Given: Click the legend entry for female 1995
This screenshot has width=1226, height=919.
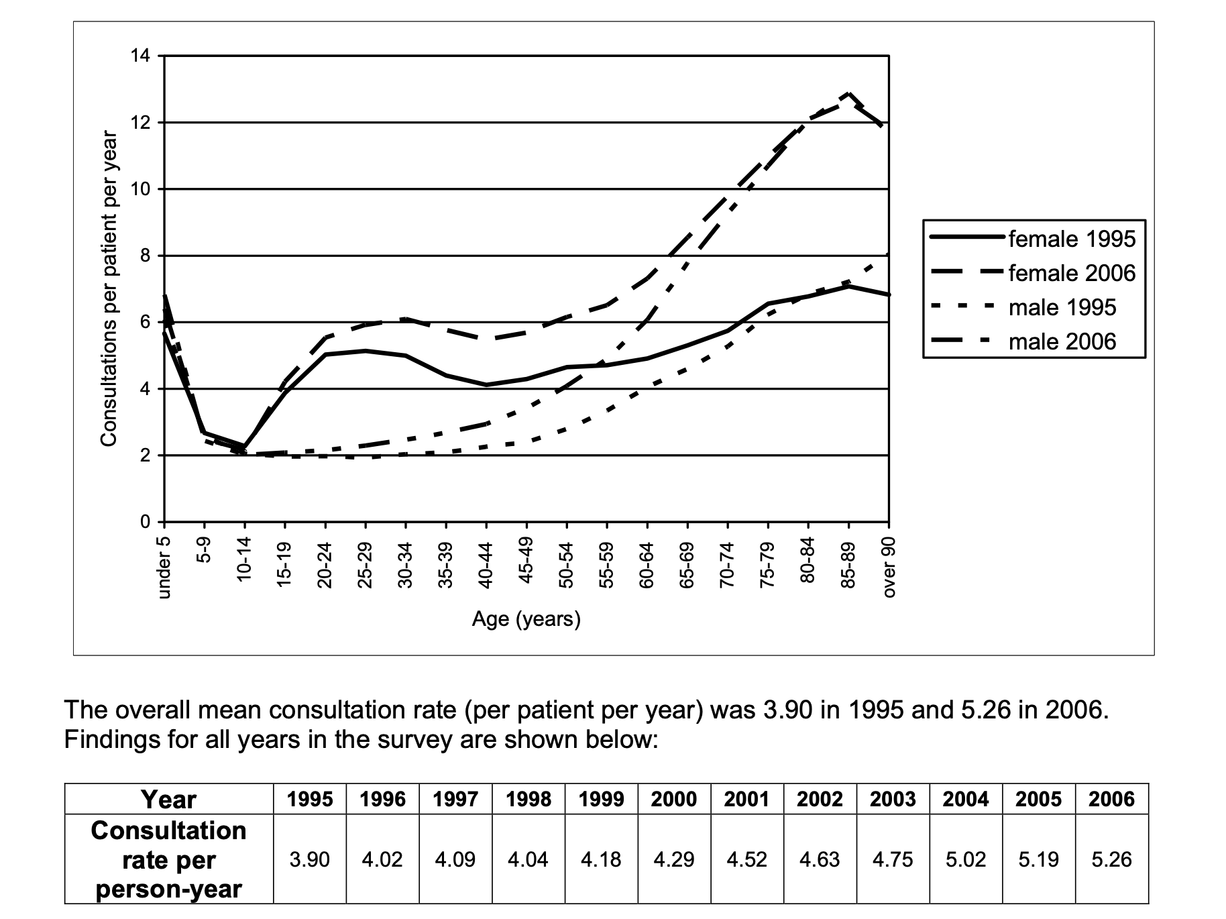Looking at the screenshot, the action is click(1032, 239).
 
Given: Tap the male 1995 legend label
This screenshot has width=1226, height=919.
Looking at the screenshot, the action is click(1062, 307).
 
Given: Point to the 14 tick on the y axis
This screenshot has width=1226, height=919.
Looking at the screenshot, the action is click(142, 56).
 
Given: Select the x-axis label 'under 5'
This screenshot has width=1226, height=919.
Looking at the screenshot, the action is click(164, 567).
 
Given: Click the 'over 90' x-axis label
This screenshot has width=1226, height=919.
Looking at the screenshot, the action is click(889, 567).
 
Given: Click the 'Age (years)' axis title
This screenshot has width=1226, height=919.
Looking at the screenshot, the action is click(526, 618).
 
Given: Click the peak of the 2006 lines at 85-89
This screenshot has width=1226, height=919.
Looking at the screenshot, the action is click(848, 93).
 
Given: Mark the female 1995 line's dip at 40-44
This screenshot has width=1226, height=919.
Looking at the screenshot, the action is click(486, 384).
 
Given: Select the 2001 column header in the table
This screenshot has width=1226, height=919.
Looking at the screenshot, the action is click(746, 799).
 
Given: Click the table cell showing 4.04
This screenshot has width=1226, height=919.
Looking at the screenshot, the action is click(528, 859).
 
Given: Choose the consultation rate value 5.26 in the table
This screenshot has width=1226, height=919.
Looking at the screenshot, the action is click(1111, 859).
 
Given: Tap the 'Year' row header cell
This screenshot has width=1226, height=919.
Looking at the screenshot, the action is click(169, 799).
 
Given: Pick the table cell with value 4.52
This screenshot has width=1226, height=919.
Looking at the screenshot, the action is click(746, 859).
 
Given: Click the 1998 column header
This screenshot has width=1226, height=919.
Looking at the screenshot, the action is click(528, 799).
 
